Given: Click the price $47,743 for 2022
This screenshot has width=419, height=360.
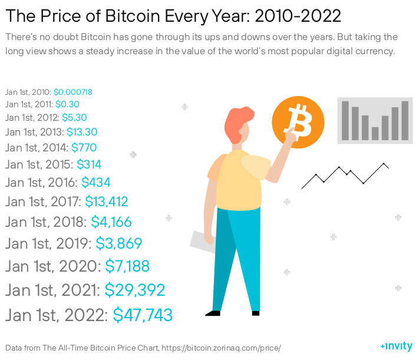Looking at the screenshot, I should [143, 315].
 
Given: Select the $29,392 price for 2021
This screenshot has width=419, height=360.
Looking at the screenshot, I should [134, 290].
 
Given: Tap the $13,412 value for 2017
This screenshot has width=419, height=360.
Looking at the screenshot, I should [107, 202].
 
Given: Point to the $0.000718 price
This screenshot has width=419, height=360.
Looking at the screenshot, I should [73, 92].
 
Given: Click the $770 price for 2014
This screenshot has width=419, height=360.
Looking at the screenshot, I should [84, 147].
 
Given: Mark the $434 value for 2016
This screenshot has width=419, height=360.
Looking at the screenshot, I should [96, 183].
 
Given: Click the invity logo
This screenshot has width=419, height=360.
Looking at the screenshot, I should [396, 346].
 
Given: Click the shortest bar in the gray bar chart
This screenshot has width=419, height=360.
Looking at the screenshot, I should [375, 133].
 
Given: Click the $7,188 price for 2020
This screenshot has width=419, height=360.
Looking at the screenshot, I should [127, 266].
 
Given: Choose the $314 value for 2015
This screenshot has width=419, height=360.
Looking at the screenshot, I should [89, 164].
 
